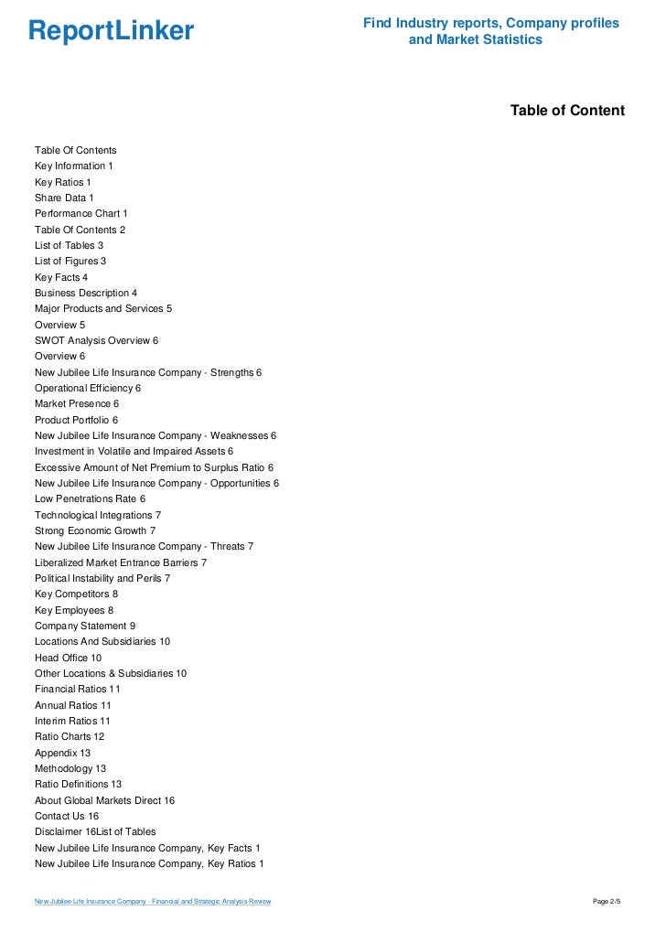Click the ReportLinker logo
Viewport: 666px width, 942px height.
tap(111, 31)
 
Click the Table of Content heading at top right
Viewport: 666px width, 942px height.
tap(567, 111)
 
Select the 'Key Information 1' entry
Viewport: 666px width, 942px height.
tap(74, 166)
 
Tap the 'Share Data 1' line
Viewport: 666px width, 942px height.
tap(64, 198)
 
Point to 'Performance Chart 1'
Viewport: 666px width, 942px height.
tap(81, 213)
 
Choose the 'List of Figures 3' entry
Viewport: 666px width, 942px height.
tap(70, 261)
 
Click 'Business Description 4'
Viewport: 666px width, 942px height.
tap(86, 293)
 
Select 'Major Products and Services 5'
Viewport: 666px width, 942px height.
tap(103, 308)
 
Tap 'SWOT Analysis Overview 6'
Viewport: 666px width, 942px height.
tap(96, 340)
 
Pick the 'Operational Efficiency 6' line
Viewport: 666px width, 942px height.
tap(88, 388)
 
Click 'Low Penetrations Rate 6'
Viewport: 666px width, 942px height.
tap(90, 498)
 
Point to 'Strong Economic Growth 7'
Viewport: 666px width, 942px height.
tap(95, 530)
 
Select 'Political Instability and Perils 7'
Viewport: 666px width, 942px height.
tap(102, 578)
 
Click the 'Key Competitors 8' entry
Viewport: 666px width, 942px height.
tap(76, 594)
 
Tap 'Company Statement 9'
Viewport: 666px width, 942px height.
tap(85, 626)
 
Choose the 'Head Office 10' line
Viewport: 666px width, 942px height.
tap(68, 658)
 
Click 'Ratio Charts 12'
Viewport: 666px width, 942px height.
tap(70, 736)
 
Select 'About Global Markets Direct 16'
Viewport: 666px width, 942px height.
tap(104, 800)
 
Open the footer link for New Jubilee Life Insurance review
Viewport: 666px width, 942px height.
tap(152, 902)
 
